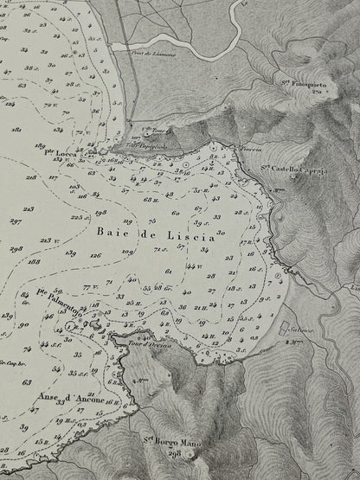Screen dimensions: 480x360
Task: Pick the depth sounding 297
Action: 15,221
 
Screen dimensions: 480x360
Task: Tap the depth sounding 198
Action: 101,212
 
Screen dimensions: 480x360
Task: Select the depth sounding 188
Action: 35,260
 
